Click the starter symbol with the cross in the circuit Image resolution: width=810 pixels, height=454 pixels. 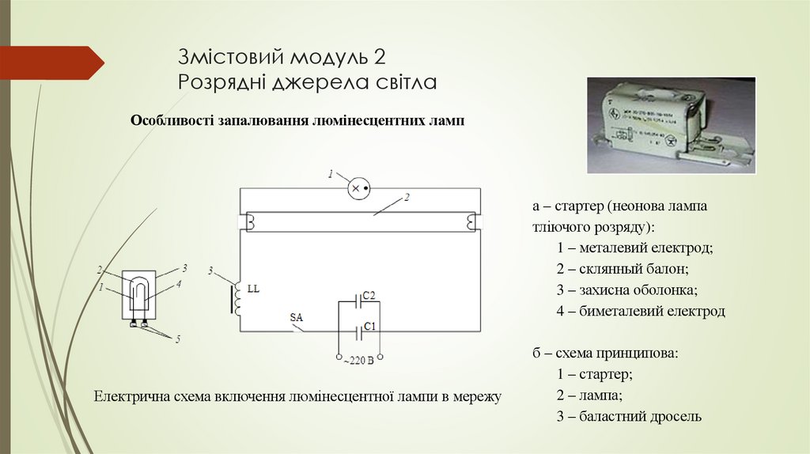(x=360, y=188)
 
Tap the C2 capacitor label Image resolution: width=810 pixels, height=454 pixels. (x=369, y=296)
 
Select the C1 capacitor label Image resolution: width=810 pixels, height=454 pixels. (x=369, y=326)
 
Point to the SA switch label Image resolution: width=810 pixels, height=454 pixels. (x=297, y=318)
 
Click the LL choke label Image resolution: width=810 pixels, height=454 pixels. (x=253, y=289)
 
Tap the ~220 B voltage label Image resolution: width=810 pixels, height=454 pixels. (x=358, y=361)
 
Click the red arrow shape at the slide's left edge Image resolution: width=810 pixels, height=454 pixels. (x=51, y=62)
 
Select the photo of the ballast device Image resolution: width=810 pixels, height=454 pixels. (x=671, y=125)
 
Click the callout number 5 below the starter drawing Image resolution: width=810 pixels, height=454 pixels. (x=178, y=339)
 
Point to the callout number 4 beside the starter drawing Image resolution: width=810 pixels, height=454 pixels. (x=179, y=283)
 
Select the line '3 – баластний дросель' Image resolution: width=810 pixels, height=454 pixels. (x=629, y=416)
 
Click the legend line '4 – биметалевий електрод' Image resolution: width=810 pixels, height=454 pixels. (x=640, y=311)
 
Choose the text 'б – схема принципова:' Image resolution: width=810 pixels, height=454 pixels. (x=605, y=354)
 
